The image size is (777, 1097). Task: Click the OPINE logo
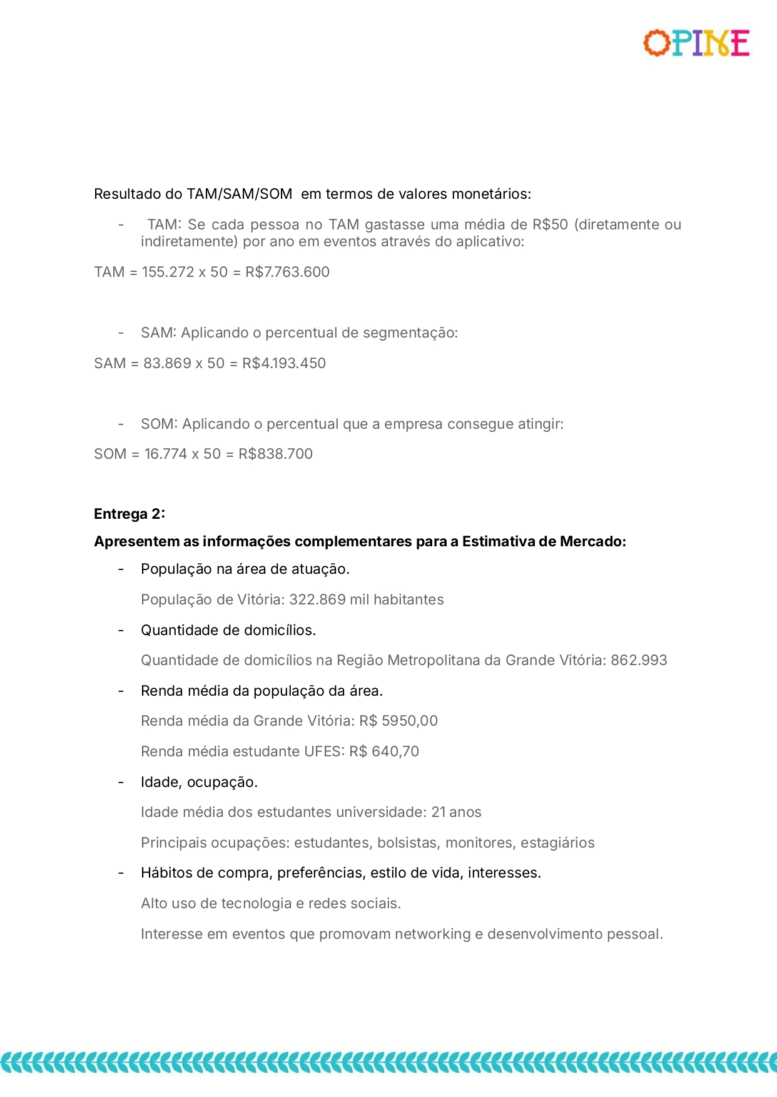click(x=696, y=43)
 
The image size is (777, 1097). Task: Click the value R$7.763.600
click(x=287, y=272)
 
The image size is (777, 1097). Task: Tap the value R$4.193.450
click(x=284, y=363)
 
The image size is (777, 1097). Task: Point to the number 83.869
click(x=167, y=363)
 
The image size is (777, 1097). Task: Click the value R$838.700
click(x=275, y=454)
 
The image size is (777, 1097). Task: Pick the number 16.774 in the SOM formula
click(x=166, y=454)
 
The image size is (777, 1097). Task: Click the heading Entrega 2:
click(x=129, y=514)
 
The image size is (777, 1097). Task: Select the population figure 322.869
click(x=317, y=599)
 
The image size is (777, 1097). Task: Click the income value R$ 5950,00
click(x=399, y=721)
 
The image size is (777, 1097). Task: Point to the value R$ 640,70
click(x=384, y=751)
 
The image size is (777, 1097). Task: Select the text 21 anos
click(x=456, y=812)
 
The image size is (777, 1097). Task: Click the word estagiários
click(x=557, y=843)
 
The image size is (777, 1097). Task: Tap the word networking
click(x=432, y=934)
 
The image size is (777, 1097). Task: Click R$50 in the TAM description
click(x=550, y=224)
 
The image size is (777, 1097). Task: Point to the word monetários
click(x=491, y=194)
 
